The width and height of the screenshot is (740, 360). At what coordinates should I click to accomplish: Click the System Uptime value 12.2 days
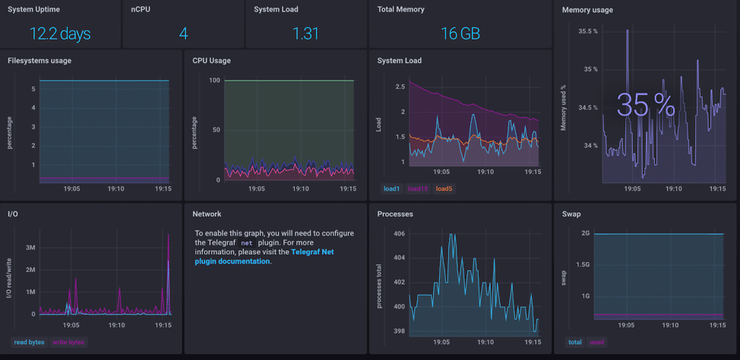pos(60,33)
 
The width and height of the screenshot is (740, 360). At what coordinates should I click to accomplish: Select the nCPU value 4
pos(183,33)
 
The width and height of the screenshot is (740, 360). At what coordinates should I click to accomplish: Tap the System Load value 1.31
pos(305,33)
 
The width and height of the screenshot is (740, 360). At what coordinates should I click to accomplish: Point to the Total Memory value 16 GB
pos(460,33)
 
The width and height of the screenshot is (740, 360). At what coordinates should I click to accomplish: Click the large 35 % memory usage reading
pos(645,106)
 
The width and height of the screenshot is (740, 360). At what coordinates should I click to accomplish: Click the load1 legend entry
pos(391,189)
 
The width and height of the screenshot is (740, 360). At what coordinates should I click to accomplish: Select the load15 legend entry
pos(418,189)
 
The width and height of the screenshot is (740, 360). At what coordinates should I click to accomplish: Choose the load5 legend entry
pos(444,189)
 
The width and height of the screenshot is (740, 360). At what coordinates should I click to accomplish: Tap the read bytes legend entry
pos(29,343)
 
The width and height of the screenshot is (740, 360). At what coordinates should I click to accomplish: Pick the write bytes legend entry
pos(68,343)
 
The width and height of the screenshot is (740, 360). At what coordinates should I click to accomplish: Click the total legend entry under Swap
pos(575,343)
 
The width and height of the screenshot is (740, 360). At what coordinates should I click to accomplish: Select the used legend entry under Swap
pos(597,343)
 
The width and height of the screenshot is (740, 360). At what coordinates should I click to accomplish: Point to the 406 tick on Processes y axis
pos(399,234)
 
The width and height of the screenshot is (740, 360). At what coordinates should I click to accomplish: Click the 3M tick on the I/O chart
pos(30,248)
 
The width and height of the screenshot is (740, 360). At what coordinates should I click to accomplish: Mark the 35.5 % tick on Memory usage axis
pos(587,31)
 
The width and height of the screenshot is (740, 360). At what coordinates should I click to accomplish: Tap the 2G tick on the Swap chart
pos(585,233)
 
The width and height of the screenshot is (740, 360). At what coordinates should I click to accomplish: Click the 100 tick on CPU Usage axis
pos(214,81)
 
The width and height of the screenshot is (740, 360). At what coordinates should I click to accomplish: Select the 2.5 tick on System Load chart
pos(400,87)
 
